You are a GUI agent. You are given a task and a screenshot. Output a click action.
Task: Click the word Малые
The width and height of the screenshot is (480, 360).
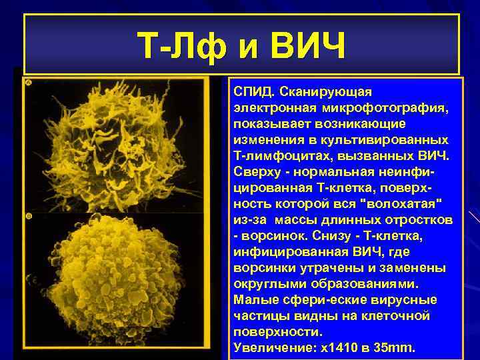[252, 299]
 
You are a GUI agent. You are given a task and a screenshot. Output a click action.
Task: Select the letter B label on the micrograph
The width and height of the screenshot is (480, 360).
[29, 217]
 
